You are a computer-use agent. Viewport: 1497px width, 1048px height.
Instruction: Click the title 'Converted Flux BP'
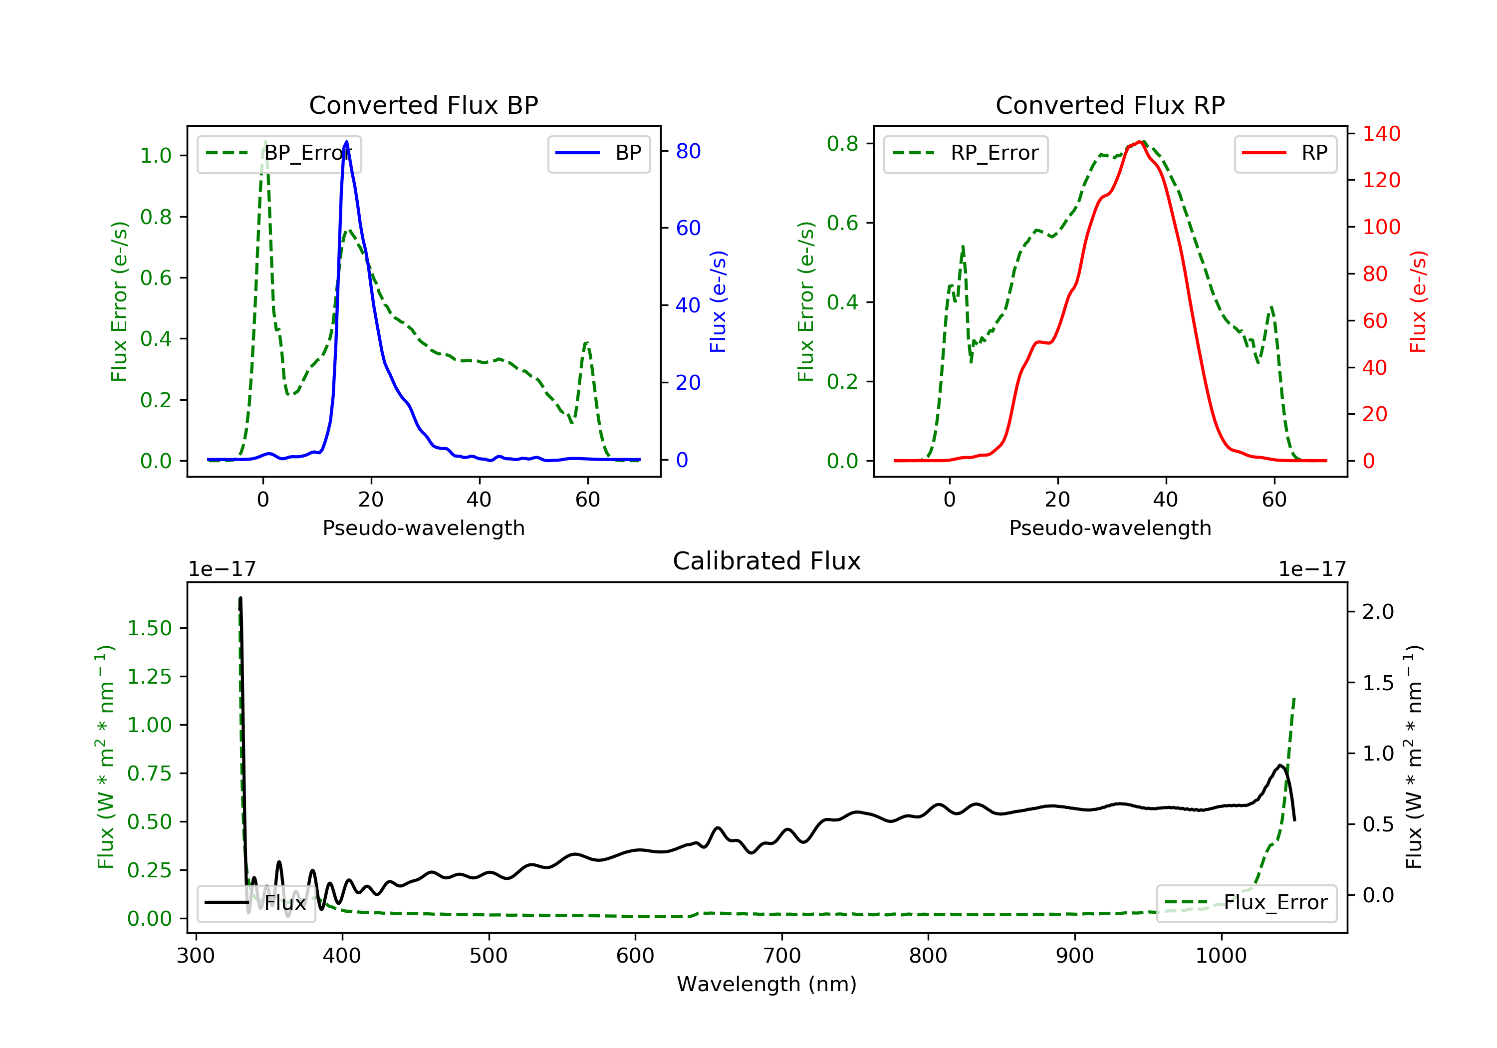(x=423, y=105)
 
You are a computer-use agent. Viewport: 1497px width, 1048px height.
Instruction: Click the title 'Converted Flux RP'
(x=1110, y=105)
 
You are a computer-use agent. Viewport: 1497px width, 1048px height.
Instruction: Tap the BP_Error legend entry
(x=279, y=153)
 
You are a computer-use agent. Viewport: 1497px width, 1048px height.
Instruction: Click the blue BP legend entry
(x=598, y=153)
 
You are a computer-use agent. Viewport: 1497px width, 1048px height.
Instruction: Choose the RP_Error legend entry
(x=965, y=153)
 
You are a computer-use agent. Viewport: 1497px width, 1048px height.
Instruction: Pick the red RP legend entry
(x=1284, y=153)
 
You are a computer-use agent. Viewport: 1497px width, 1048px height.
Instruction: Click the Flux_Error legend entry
(x=1246, y=903)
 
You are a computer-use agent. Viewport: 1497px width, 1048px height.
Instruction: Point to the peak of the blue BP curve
(x=346, y=142)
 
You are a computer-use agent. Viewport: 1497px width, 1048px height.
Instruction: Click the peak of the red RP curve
(x=1139, y=142)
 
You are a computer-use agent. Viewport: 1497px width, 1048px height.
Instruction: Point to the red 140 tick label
(x=1381, y=134)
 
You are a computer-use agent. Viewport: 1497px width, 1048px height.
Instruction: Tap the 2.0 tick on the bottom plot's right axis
(x=1378, y=612)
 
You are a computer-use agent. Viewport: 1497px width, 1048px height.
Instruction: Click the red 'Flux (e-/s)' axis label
(x=1418, y=301)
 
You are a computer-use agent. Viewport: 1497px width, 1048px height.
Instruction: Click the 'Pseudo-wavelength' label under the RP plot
(x=1110, y=527)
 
